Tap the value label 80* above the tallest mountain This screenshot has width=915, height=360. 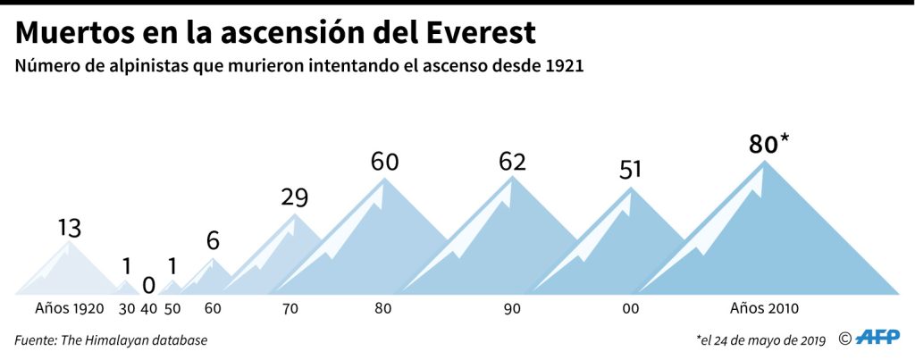pos(769,144)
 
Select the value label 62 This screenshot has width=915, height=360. pos(512,162)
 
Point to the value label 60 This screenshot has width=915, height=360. pos(384,163)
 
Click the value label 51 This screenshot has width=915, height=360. pos(631,170)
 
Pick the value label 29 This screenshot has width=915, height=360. pos(294,197)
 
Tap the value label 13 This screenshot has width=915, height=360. pos(69,228)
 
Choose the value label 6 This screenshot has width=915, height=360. pos(213,241)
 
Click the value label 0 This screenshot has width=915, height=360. pos(148,285)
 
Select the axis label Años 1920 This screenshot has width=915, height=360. pos(69,309)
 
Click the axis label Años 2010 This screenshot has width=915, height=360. pos(764,309)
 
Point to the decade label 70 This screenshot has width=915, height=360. pos(290,309)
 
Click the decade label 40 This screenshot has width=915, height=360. pos(148,309)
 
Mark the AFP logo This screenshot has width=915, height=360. pos(879,338)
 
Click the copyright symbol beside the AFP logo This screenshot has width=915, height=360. pos(844,339)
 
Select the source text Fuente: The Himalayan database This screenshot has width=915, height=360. pos(111,339)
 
